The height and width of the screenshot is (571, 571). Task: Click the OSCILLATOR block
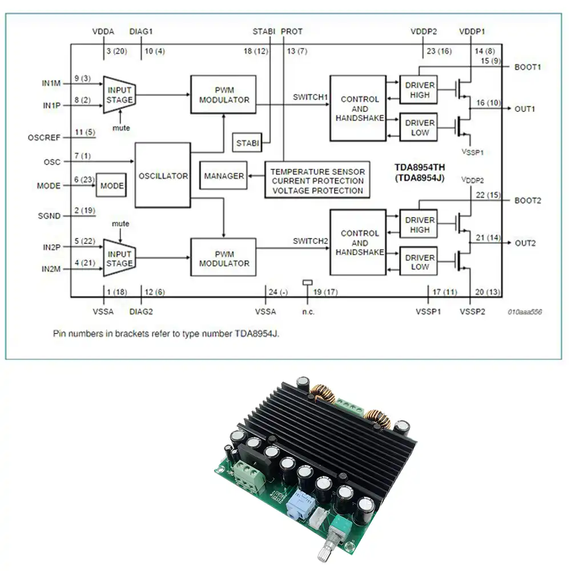point(163,175)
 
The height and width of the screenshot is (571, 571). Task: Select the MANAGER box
point(223,176)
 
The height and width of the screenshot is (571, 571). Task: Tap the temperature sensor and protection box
point(317,180)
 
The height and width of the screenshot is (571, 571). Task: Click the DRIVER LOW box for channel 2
point(419,262)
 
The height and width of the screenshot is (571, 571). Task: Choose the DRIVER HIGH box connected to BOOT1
point(419,90)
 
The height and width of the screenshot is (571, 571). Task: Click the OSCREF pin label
point(44,138)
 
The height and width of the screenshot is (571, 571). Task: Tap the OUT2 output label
point(525,243)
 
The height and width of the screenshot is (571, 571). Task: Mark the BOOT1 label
point(528,67)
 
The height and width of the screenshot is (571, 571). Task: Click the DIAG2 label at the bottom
point(141,312)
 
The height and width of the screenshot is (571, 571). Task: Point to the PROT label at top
point(292,31)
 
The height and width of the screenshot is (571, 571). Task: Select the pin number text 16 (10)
point(488,103)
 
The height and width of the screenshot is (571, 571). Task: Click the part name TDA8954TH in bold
point(420,167)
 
